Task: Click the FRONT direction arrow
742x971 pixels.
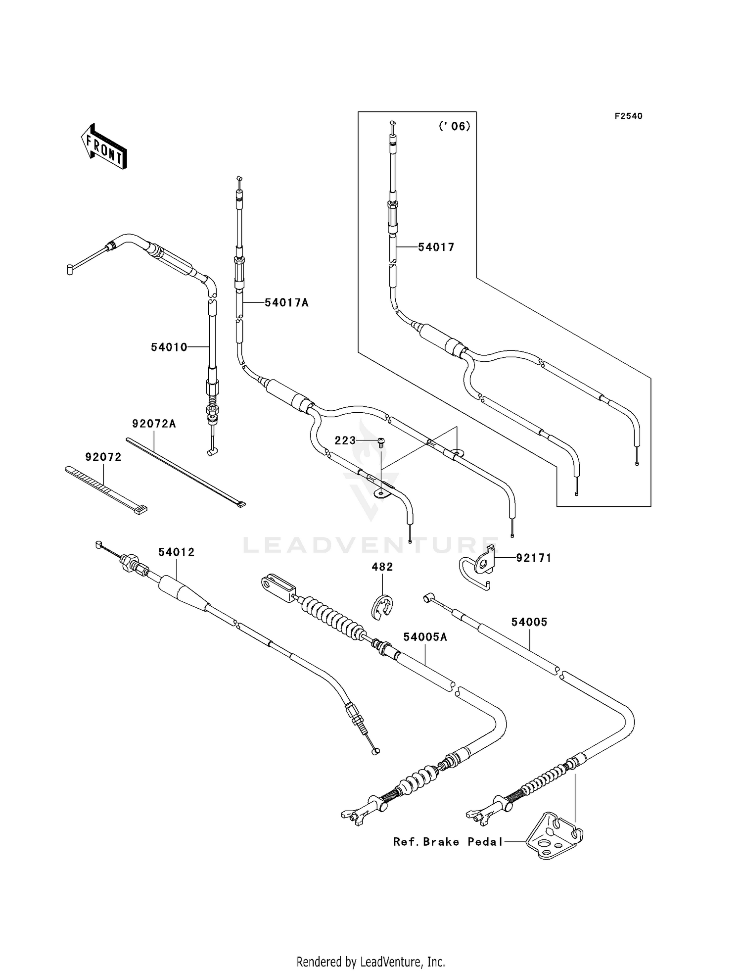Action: (104, 148)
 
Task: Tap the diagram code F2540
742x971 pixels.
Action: (628, 116)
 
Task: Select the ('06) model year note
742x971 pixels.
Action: (454, 126)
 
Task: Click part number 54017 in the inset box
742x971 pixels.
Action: (436, 247)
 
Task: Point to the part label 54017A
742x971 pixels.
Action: (286, 302)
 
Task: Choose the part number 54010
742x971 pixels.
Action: (169, 347)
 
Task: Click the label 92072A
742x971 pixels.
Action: (154, 424)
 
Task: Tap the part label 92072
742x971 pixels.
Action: (103, 457)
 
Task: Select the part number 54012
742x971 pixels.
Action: (176, 552)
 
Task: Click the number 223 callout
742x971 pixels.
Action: (345, 440)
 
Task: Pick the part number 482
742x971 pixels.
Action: (382, 567)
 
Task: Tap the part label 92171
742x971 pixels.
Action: (534, 558)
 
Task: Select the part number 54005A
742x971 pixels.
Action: (425, 637)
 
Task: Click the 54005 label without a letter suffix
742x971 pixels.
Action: (529, 622)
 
